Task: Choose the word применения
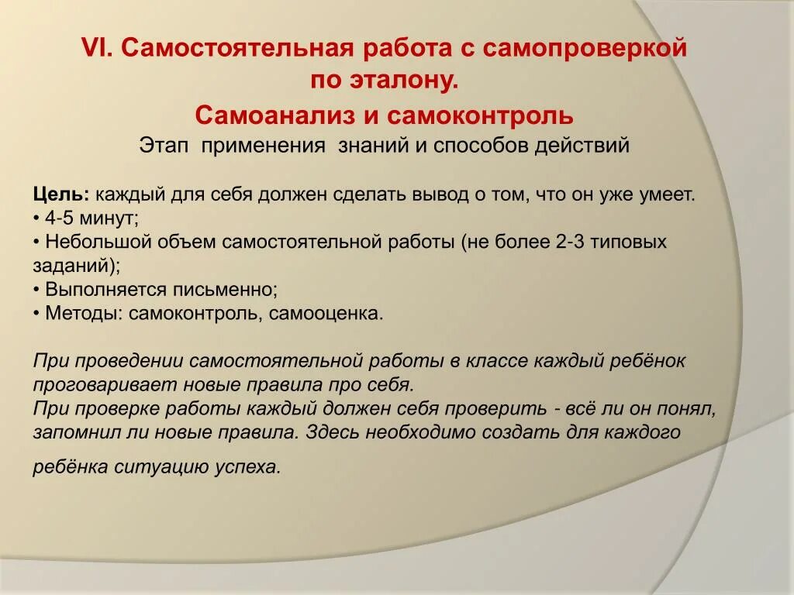[x=263, y=145]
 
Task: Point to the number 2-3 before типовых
[x=569, y=242]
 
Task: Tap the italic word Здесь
[x=331, y=432]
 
